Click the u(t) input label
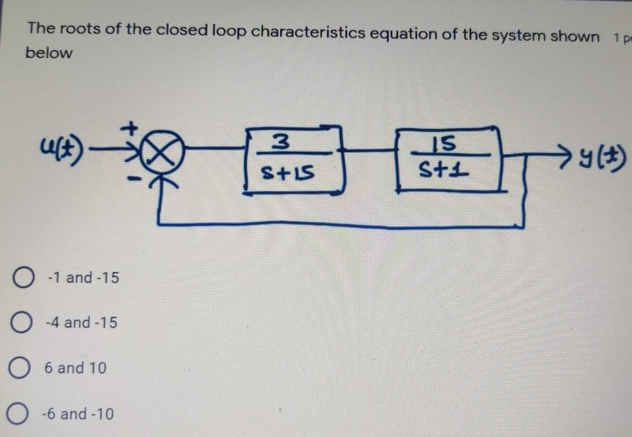pyautogui.click(x=60, y=148)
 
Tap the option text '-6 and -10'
pyautogui.click(x=78, y=414)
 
